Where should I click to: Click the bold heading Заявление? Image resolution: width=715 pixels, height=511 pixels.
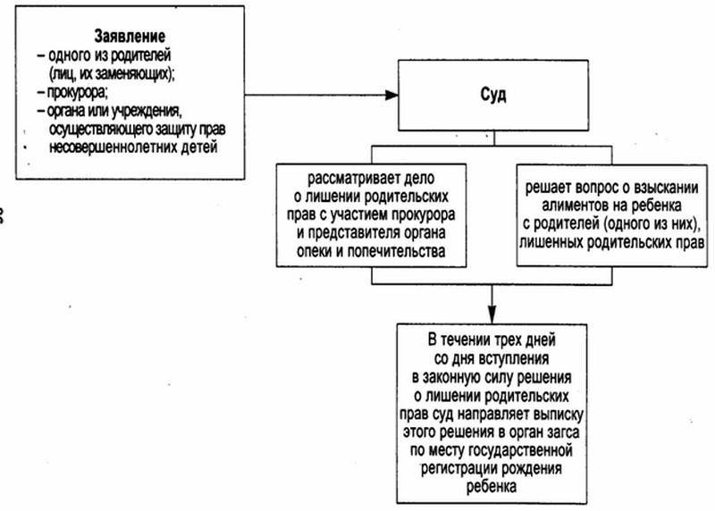click(x=130, y=36)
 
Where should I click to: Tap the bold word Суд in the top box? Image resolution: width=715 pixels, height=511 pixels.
click(x=493, y=95)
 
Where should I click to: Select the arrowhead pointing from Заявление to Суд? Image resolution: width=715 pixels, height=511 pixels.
click(x=391, y=95)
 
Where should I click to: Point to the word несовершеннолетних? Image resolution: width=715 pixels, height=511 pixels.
click(x=114, y=147)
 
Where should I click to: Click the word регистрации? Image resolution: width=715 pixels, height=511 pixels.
click(x=459, y=469)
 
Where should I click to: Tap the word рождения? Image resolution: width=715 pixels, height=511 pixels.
click(x=532, y=469)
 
